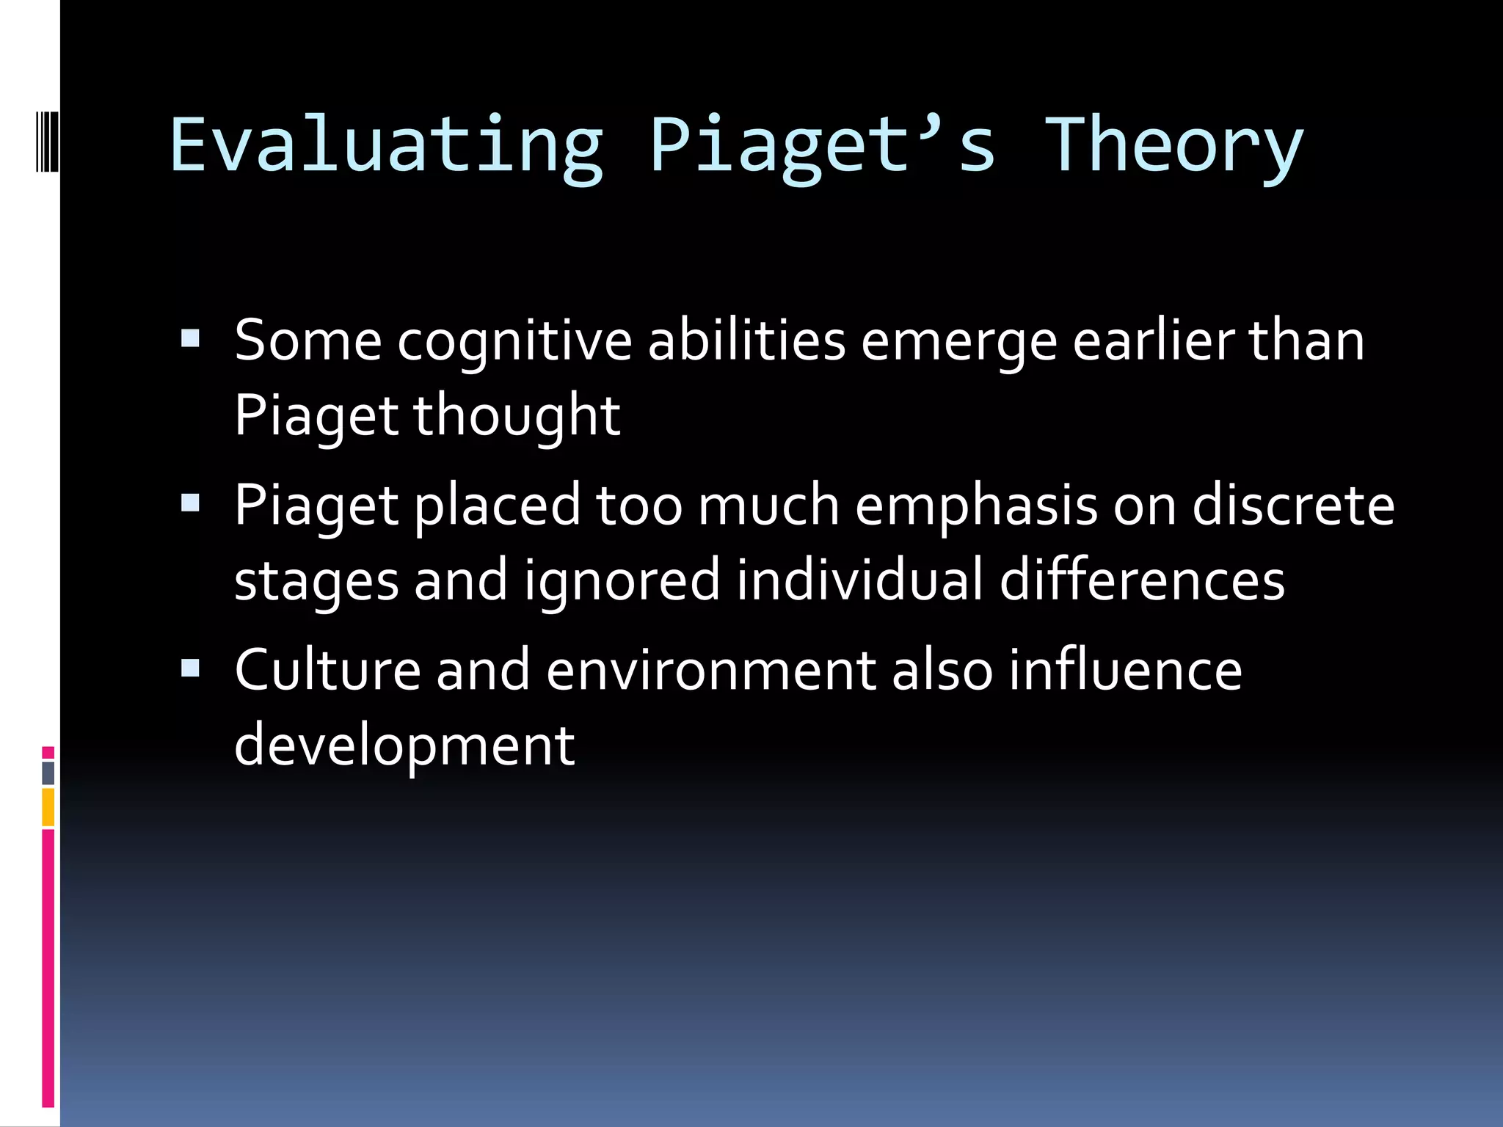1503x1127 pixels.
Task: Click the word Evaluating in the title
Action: tap(387, 147)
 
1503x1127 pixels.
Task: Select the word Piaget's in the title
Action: tap(822, 147)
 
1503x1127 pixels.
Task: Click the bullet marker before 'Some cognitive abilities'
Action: tap(190, 338)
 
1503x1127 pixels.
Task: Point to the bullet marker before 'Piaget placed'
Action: tap(190, 503)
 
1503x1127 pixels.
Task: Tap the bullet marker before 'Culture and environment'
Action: tap(190, 667)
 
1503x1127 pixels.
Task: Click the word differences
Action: tap(1142, 580)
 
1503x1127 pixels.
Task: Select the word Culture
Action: tap(327, 670)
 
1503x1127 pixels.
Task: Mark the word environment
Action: tap(710, 671)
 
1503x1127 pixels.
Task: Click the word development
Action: tap(404, 745)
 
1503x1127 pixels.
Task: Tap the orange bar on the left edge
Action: tap(48, 807)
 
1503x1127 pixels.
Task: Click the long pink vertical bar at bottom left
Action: tap(48, 969)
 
